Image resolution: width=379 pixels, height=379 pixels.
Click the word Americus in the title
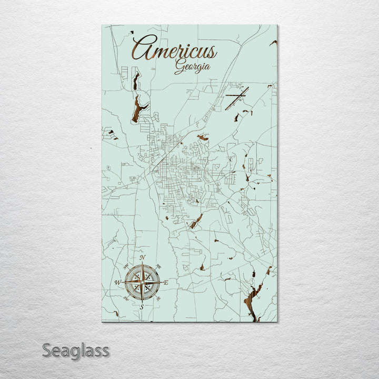[x=174, y=50]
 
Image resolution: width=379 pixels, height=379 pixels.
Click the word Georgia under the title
[x=193, y=67]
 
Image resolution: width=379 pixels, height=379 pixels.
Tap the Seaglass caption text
[x=76, y=350]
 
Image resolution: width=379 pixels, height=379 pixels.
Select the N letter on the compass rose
[x=143, y=257]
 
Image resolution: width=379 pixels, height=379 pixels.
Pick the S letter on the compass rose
[x=142, y=307]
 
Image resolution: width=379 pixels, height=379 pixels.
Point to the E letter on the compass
[x=166, y=283]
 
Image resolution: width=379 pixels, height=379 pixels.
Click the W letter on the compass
[x=117, y=283]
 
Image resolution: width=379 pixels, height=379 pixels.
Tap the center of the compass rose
[x=142, y=282]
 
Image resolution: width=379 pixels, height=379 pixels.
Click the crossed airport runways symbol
[x=236, y=98]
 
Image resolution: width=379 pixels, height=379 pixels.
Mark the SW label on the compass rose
[x=126, y=298]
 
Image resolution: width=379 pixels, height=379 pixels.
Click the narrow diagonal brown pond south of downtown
[x=196, y=221]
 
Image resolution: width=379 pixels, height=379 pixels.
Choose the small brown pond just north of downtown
[x=203, y=137]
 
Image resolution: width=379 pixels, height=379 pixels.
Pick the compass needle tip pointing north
[x=142, y=263]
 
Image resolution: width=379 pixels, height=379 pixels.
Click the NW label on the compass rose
[x=126, y=267]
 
